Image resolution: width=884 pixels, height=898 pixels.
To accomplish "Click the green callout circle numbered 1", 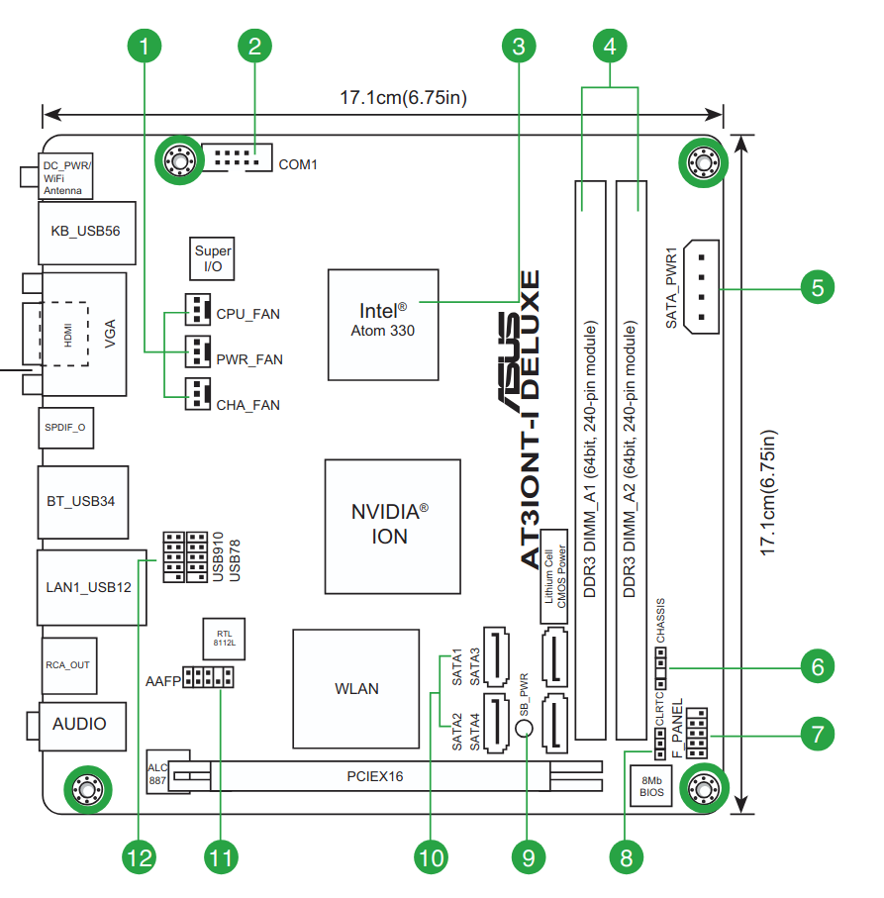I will [x=145, y=45].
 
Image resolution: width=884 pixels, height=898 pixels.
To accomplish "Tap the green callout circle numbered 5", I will [x=817, y=288].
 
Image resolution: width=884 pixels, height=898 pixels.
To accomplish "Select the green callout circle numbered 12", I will [x=141, y=856].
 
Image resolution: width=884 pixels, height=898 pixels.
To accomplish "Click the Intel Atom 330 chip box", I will [x=383, y=323].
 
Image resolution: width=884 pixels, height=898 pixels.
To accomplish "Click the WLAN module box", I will [x=355, y=688].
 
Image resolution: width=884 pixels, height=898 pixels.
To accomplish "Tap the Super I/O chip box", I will [x=213, y=259].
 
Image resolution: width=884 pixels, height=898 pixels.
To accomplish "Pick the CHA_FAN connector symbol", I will [x=199, y=395].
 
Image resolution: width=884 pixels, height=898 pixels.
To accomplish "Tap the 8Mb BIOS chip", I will [x=650, y=786].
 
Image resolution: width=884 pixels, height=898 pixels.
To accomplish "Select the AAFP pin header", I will [x=208, y=678].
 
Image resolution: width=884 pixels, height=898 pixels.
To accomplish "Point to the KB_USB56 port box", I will [x=85, y=231].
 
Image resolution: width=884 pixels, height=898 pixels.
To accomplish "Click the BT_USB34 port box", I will [x=82, y=501].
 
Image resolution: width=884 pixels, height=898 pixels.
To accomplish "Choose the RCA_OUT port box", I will [x=67, y=664].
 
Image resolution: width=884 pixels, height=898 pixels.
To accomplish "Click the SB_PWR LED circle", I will [x=526, y=730].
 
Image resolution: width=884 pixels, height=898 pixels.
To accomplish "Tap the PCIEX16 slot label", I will [x=376, y=776].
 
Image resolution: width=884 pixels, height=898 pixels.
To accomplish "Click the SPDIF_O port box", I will [x=65, y=428].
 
